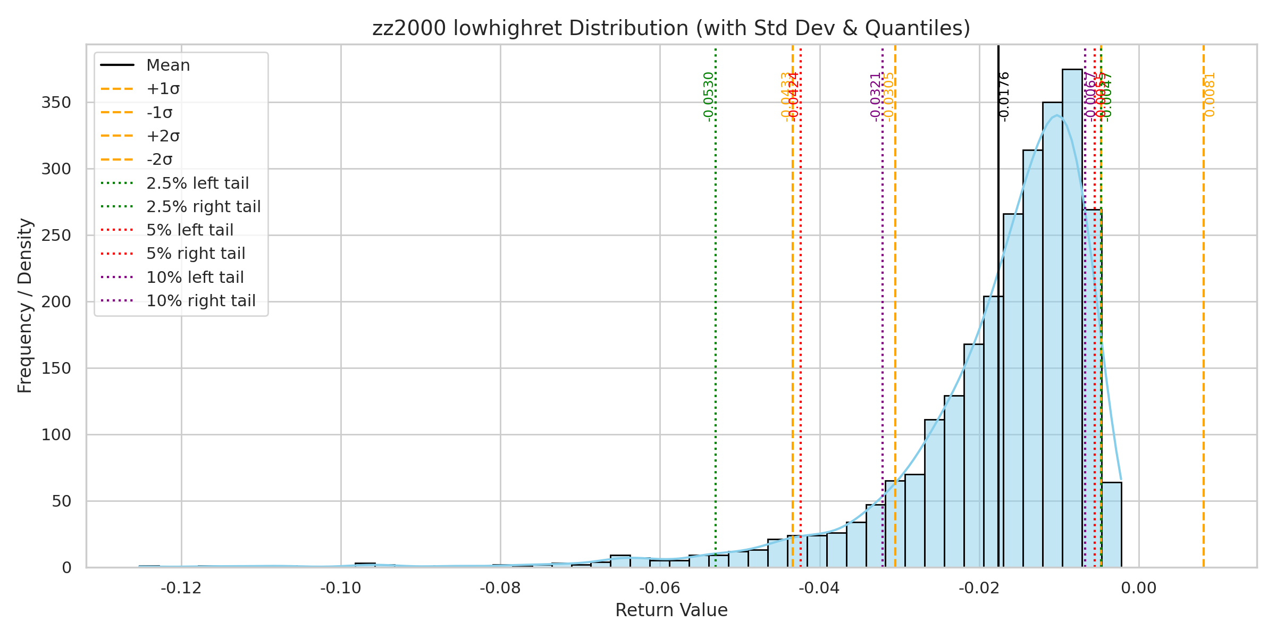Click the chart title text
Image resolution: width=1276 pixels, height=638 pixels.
pos(671,28)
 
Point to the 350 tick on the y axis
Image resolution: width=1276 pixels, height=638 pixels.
pos(56,103)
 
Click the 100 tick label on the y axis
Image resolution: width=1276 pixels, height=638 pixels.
pos(56,435)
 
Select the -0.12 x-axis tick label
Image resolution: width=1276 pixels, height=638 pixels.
pos(181,588)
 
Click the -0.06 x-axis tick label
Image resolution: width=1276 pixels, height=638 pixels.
pos(660,588)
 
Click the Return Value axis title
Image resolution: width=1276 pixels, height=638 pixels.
pos(671,610)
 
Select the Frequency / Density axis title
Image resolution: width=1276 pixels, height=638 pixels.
pos(25,306)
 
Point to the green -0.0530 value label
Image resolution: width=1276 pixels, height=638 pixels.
pos(708,97)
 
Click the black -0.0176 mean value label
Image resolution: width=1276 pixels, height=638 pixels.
pos(1004,97)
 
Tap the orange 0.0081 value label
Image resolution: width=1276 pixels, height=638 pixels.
pos(1210,95)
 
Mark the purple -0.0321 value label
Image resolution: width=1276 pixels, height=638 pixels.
pos(875,97)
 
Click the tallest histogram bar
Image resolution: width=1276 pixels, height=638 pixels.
pos(1072,319)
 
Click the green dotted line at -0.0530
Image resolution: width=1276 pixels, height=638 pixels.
pos(716,319)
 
